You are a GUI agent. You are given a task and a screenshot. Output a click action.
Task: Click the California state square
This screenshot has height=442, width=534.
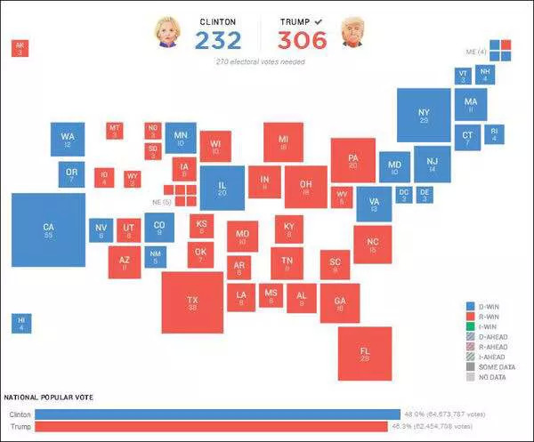(x=48, y=230)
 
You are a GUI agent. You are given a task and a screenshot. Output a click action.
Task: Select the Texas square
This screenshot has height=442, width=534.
(x=192, y=302)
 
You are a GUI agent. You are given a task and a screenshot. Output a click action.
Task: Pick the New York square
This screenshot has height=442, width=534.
(x=424, y=114)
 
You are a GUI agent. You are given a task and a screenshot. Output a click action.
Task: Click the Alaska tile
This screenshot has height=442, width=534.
(x=20, y=49)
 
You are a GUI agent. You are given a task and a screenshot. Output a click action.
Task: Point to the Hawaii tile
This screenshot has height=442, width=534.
(x=20, y=324)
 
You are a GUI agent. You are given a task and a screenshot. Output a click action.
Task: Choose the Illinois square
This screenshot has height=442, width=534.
(x=222, y=188)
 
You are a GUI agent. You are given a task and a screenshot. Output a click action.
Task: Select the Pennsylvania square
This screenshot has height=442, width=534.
(x=353, y=161)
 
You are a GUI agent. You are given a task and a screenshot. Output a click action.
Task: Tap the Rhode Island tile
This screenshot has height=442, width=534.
(x=496, y=134)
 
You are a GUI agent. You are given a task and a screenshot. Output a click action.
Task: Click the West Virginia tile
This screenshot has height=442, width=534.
(x=342, y=196)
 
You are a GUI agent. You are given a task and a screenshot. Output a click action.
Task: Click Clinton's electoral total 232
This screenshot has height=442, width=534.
(x=217, y=40)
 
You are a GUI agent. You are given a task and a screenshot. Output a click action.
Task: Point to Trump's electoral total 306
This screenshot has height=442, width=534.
(x=302, y=40)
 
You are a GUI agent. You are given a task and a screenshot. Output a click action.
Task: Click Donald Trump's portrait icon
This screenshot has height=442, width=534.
(x=353, y=31)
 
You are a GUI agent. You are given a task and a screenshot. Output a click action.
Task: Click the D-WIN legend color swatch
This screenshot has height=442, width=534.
(x=471, y=305)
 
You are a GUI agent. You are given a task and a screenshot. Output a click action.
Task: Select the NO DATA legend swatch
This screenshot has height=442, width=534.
(x=471, y=376)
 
